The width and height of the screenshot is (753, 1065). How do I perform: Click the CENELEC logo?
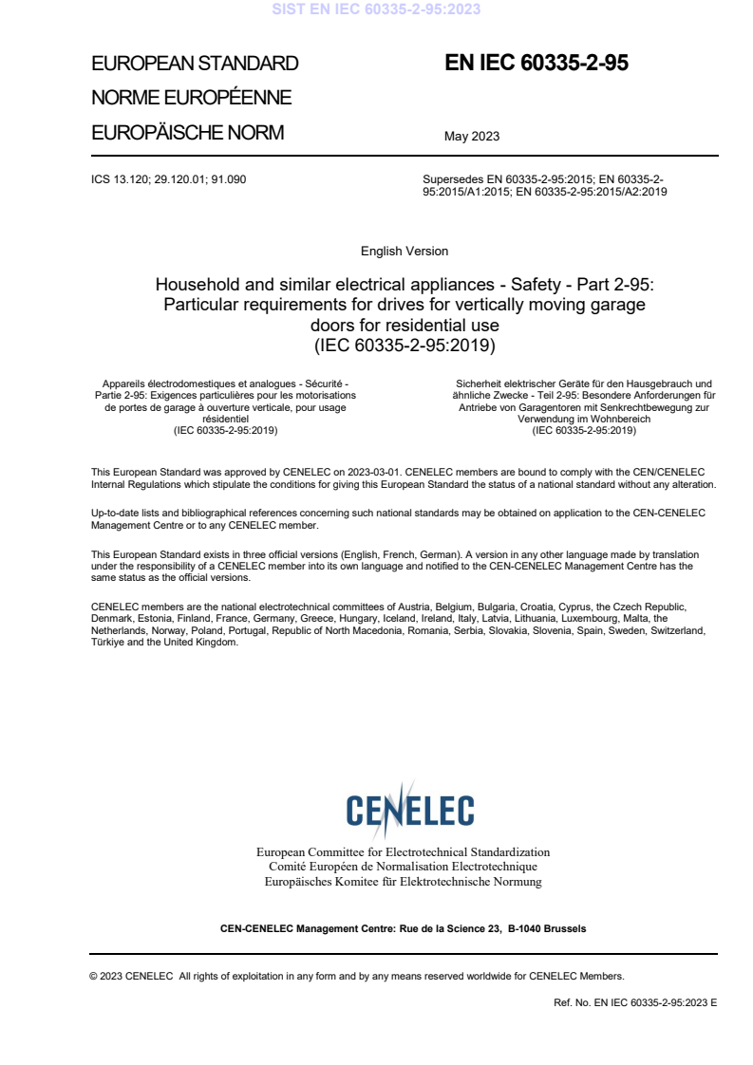tap(409, 810)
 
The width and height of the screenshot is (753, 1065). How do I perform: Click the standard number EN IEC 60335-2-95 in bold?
tap(537, 64)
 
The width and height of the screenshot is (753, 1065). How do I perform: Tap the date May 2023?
tap(471, 137)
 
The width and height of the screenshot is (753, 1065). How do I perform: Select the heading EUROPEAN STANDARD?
tap(195, 64)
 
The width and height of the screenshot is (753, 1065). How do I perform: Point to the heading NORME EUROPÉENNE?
tap(191, 98)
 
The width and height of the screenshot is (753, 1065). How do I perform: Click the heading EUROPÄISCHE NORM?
tap(187, 133)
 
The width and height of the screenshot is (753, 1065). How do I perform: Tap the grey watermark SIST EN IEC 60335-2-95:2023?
tap(376, 9)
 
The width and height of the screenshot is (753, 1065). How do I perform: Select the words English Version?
tap(405, 252)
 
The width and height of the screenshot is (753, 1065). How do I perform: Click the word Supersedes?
tap(453, 178)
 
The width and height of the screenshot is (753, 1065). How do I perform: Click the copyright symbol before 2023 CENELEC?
tap(94, 976)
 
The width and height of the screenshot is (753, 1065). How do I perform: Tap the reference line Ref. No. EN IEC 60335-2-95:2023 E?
tap(634, 1002)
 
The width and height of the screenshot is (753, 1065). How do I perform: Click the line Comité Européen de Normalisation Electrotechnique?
tap(403, 867)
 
